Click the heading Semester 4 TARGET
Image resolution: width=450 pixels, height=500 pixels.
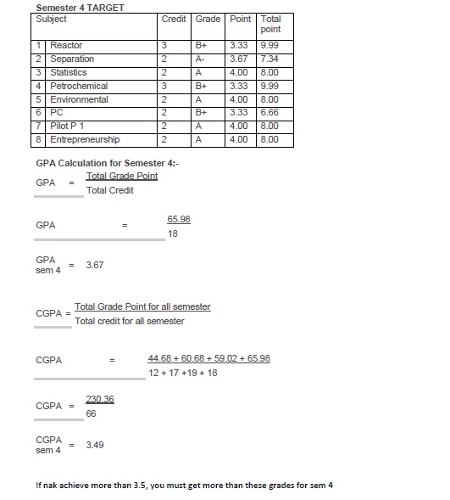81,8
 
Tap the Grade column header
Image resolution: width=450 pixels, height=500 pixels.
208,19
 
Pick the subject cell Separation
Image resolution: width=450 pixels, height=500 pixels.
72,59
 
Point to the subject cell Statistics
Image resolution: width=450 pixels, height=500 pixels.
69,72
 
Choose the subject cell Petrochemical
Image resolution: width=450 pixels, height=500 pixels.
79,86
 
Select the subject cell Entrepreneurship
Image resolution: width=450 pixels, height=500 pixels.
85,139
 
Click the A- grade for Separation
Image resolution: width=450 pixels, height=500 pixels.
201,59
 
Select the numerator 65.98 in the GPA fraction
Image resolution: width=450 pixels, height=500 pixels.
179,219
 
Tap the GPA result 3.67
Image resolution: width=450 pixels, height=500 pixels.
95,265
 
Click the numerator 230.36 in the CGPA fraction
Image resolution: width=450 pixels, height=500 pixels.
100,398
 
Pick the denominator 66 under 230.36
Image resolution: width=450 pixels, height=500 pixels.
92,413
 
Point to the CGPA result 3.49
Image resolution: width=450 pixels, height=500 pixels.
95,444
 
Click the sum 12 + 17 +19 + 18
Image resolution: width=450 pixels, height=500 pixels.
182,373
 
